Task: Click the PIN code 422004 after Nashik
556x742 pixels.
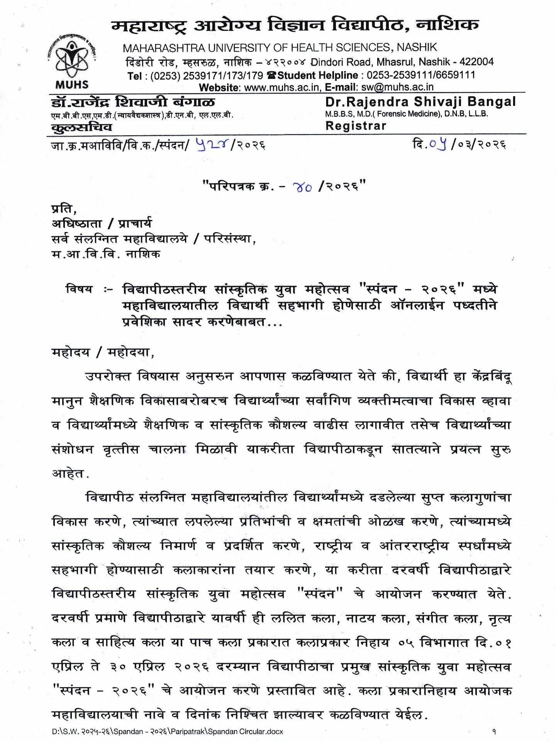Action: tap(476, 62)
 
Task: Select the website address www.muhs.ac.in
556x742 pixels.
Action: tap(282, 87)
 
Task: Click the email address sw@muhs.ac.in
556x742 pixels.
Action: tap(397, 87)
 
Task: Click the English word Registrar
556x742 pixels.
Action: tap(356, 126)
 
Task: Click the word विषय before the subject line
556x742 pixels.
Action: tap(79, 289)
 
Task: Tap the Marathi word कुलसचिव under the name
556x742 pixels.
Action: tap(81, 127)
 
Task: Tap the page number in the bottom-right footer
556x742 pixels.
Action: tap(494, 731)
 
